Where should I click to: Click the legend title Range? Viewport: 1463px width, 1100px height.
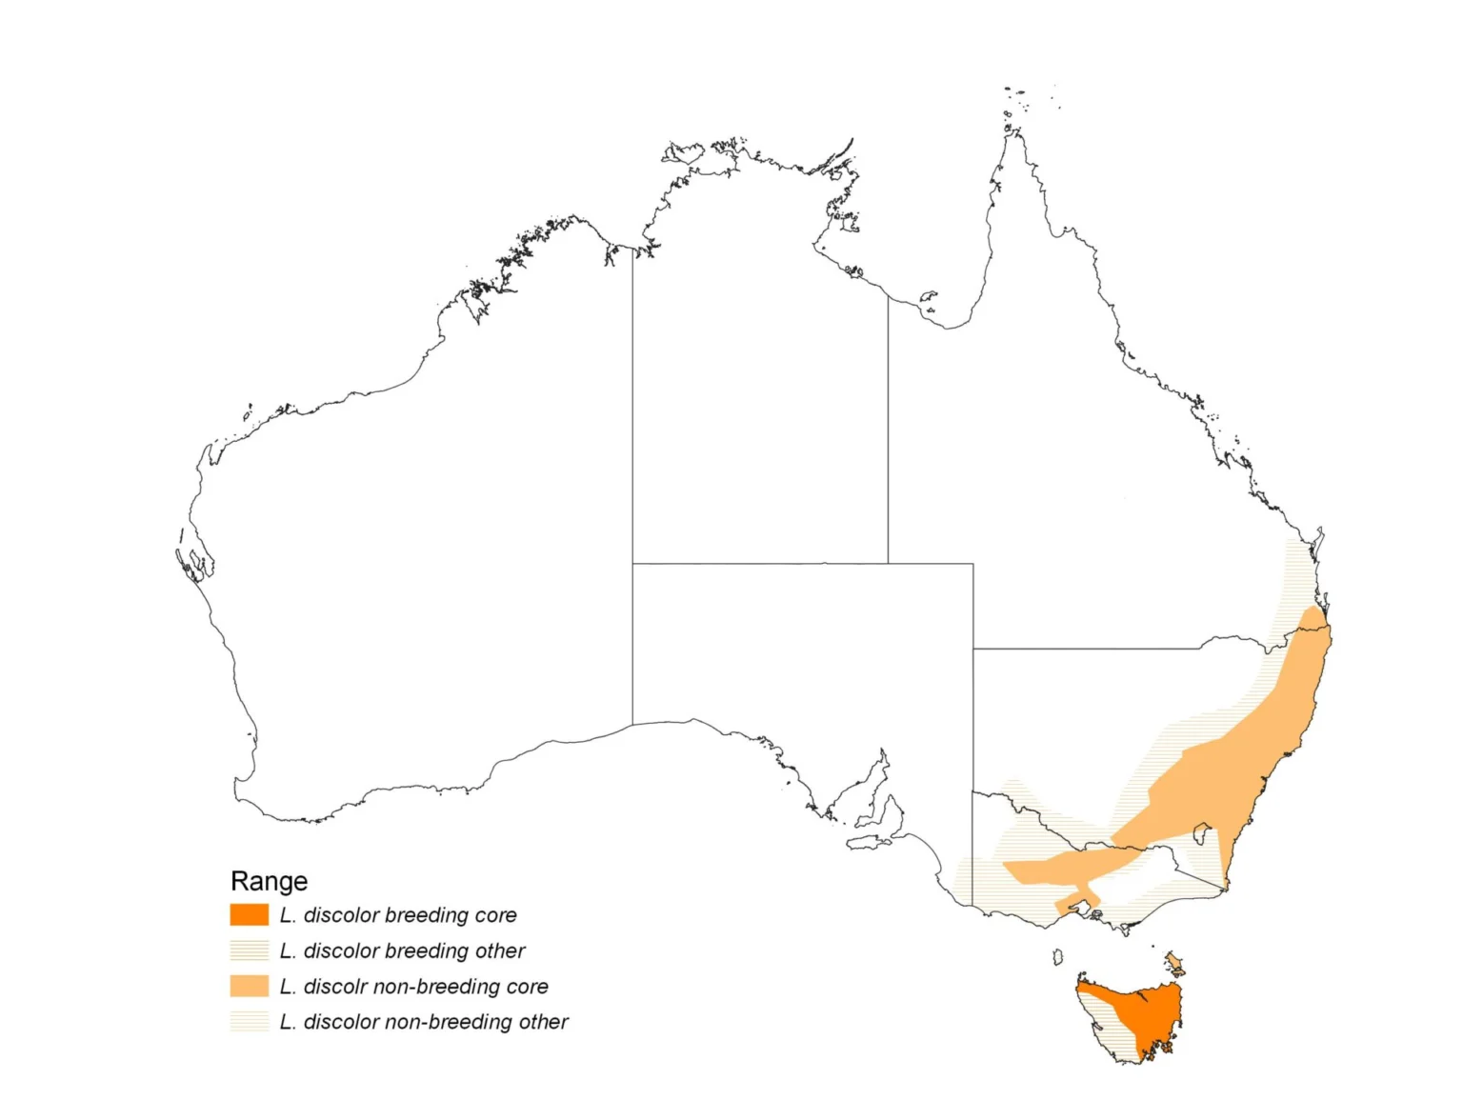tap(269, 881)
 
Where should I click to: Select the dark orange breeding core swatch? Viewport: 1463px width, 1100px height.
tap(249, 915)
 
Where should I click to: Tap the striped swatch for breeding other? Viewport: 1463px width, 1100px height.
tap(249, 950)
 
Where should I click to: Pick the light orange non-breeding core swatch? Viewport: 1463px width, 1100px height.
tap(249, 986)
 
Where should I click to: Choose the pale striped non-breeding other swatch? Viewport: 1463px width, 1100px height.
tap(249, 1021)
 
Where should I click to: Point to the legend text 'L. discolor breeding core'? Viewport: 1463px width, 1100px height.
tap(398, 915)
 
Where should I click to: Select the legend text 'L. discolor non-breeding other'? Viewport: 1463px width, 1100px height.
tap(424, 1022)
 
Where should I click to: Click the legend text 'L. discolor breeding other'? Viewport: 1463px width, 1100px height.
tap(402, 950)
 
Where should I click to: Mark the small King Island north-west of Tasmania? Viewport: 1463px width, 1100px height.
tap(1057, 956)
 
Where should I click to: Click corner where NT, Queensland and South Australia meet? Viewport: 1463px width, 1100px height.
tap(889, 564)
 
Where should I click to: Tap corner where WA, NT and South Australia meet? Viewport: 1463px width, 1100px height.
tap(632, 564)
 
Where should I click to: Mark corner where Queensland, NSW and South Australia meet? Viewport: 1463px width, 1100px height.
tap(973, 650)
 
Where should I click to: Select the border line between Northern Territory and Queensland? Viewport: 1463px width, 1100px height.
tap(889, 429)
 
